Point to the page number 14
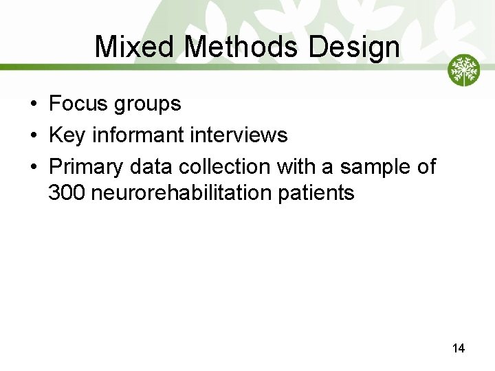pos(459,349)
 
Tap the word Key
pos(67,136)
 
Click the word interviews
pos(239,135)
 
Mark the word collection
pos(223,166)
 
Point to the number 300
pos(67,194)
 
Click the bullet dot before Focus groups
pos(33,104)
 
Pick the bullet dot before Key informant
pos(33,136)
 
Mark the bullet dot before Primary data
pos(33,167)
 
